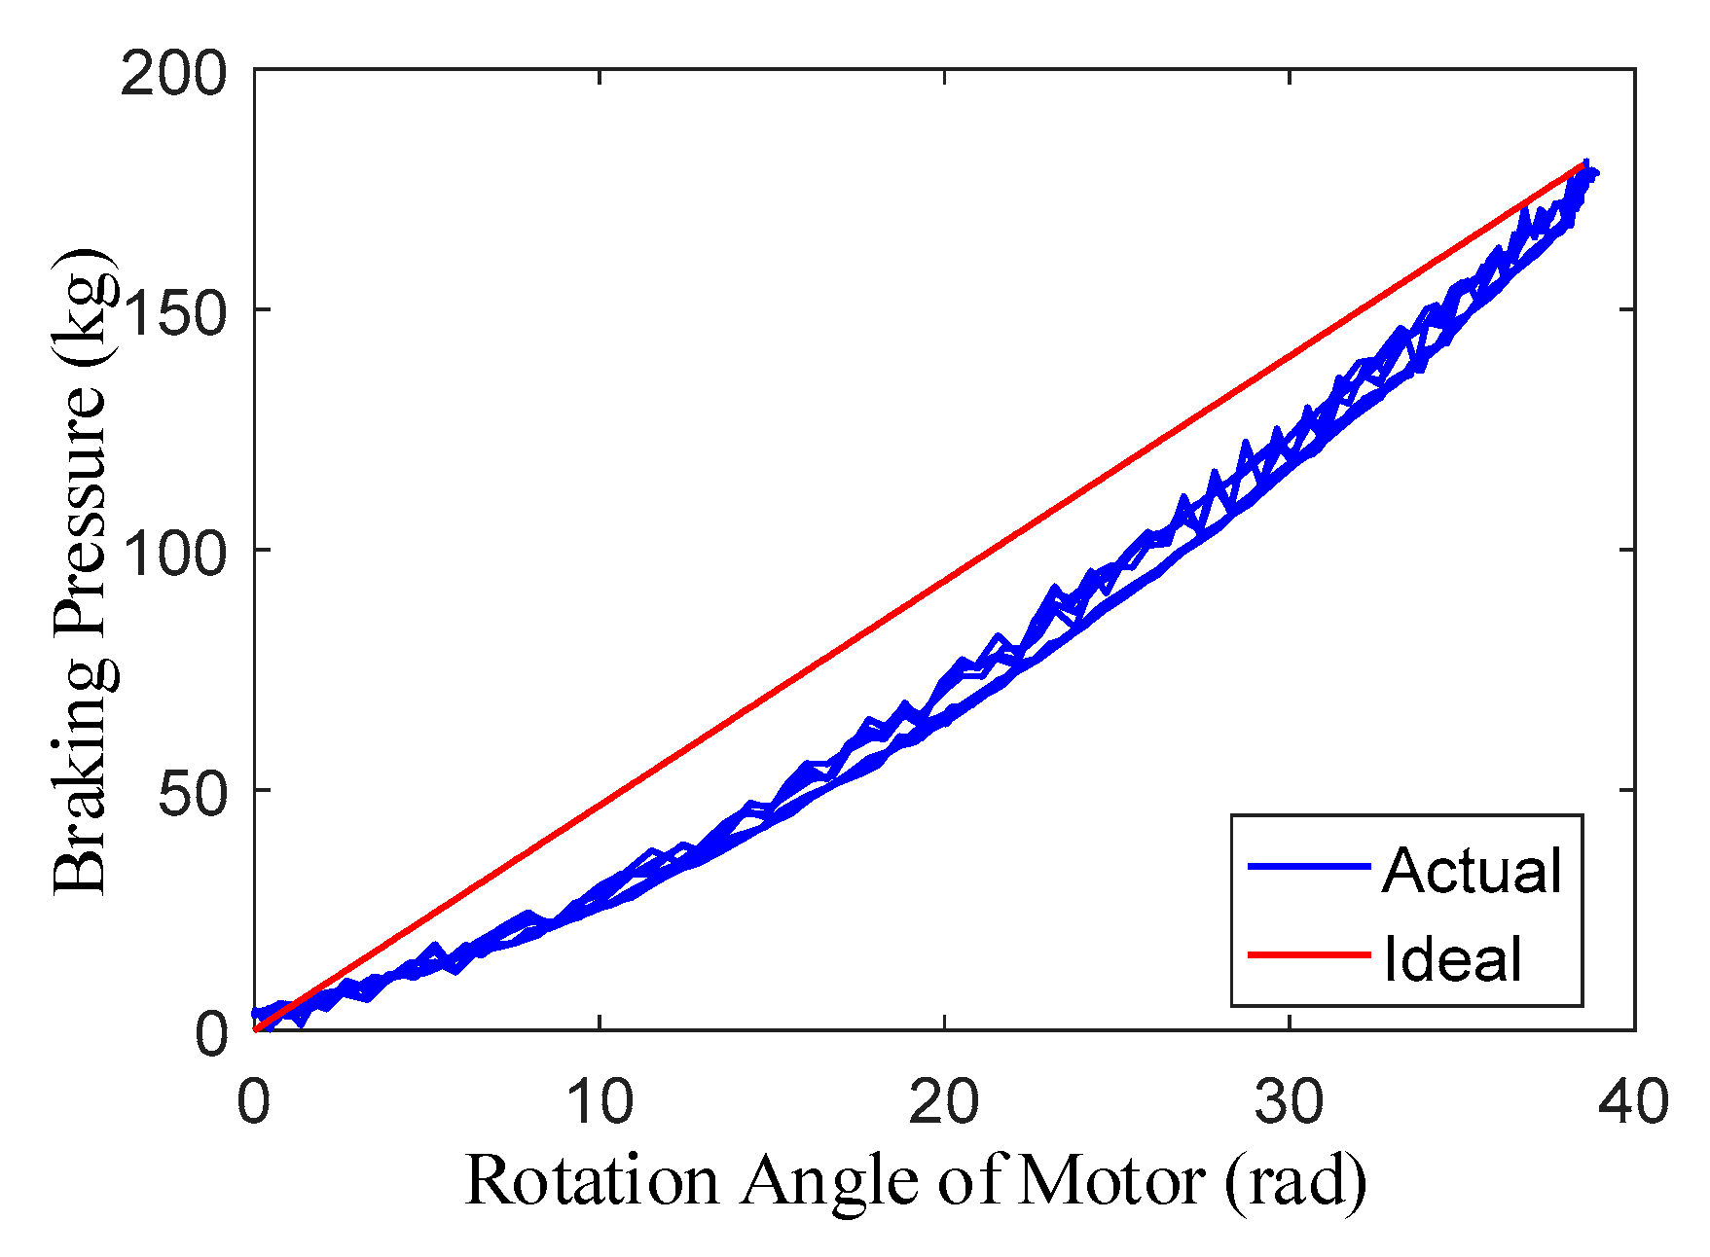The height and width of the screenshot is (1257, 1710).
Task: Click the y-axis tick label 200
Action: [173, 74]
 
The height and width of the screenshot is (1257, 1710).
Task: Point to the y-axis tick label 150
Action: [173, 312]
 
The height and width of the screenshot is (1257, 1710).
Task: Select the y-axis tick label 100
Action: [173, 552]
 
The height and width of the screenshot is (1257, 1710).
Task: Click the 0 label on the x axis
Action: [254, 1102]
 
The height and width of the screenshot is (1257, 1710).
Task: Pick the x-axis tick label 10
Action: [600, 1102]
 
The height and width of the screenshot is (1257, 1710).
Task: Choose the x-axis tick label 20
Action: [944, 1102]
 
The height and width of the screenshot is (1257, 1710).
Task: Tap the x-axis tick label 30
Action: [1290, 1102]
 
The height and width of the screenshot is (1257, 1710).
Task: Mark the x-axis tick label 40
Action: [1634, 1102]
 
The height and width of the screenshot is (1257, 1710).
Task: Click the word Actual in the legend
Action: [1472, 870]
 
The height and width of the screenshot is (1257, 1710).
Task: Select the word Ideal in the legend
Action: [1452, 959]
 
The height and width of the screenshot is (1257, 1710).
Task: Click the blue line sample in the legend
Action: [1309, 865]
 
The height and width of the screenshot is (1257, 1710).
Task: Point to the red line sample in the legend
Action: [1309, 954]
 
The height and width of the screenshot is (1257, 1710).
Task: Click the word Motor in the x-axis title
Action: [1113, 1181]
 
